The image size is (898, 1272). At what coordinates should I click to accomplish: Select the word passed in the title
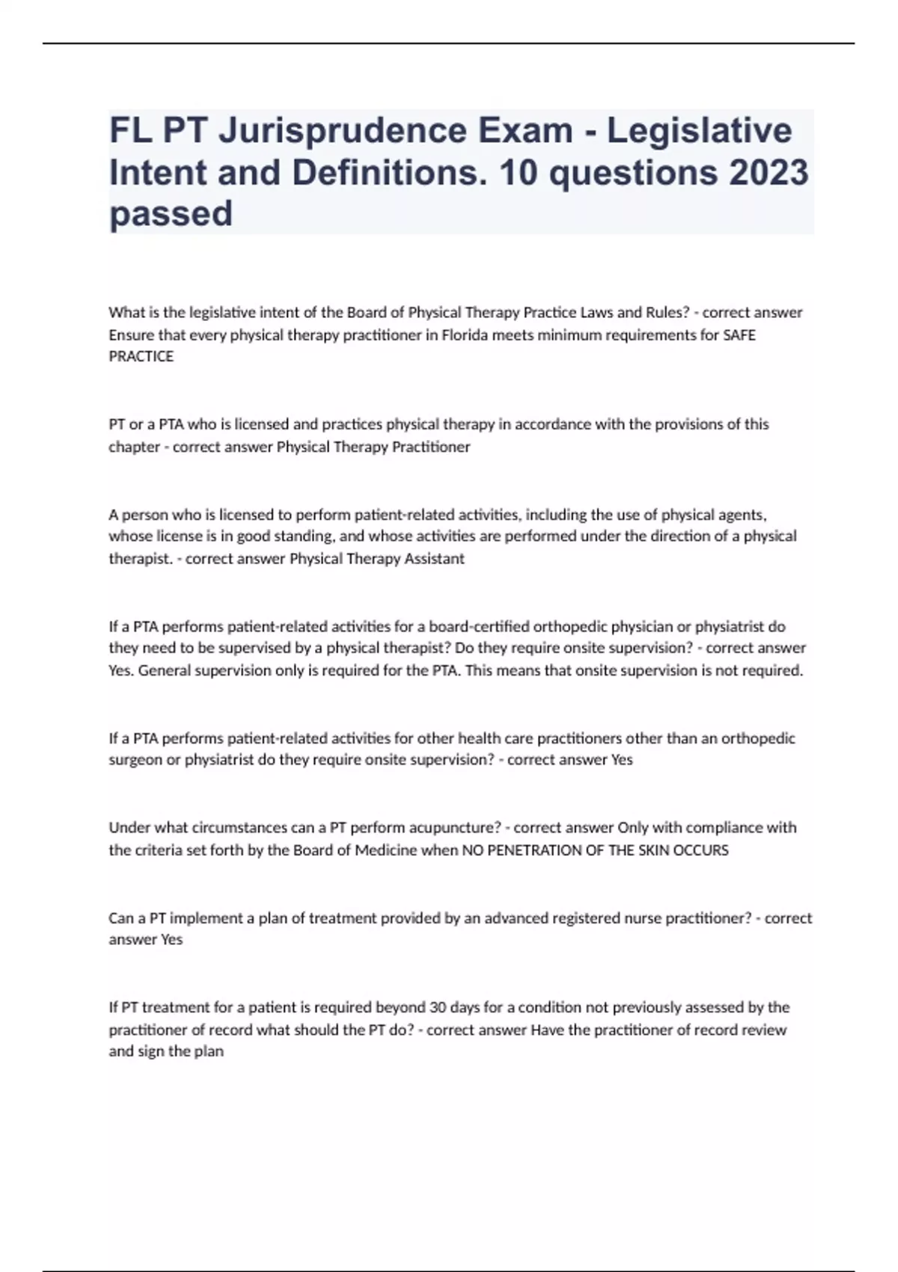coord(171,214)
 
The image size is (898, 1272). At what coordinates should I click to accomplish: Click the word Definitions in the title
coord(387,173)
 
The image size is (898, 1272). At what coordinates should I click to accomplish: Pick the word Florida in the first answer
coord(465,334)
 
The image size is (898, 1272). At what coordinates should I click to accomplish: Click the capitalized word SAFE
coord(739,334)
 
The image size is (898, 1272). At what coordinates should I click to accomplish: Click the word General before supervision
coord(164,670)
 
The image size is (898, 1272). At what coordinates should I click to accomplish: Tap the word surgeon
coord(134,760)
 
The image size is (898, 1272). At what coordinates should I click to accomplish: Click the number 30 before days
coord(438,1007)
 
